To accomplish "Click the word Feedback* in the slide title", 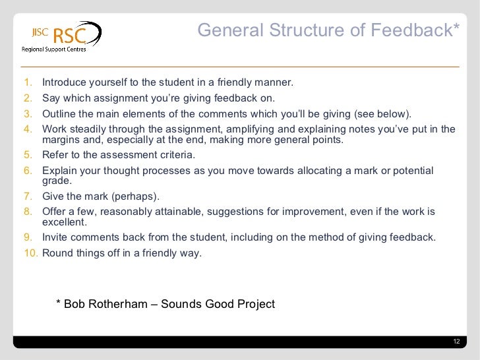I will pyautogui.click(x=419, y=30).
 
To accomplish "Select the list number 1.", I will pyautogui.click(x=28, y=83).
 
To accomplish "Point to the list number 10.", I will pyautogui.click(x=30, y=253).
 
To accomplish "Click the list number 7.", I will pyautogui.click(x=28, y=196).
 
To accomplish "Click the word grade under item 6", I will pyautogui.click(x=55, y=181).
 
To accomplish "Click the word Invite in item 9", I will pyautogui.click(x=55, y=237).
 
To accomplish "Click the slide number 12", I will pyautogui.click(x=456, y=341).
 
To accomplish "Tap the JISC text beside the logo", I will pyautogui.click(x=39, y=31).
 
